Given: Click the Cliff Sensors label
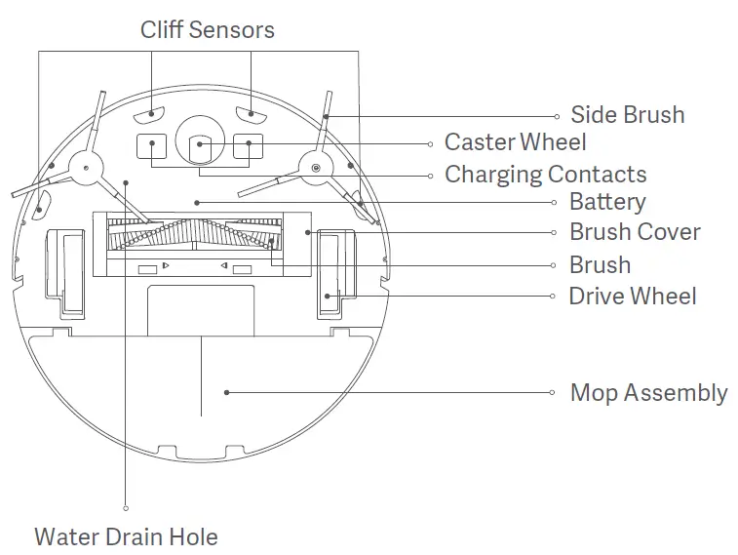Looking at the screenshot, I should [207, 29].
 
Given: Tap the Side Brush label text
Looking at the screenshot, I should [627, 115].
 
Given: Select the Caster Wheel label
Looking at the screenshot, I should [515, 142].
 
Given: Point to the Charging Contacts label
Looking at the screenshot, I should [545, 175].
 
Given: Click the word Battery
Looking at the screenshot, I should [606, 202].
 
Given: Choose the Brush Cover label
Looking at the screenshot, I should [635, 232].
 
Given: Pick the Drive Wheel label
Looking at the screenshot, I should [633, 296].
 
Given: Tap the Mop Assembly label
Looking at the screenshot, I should [648, 393].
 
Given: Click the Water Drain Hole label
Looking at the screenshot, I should [126, 536].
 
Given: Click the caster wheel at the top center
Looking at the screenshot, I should [200, 143].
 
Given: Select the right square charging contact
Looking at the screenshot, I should [248, 147].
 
